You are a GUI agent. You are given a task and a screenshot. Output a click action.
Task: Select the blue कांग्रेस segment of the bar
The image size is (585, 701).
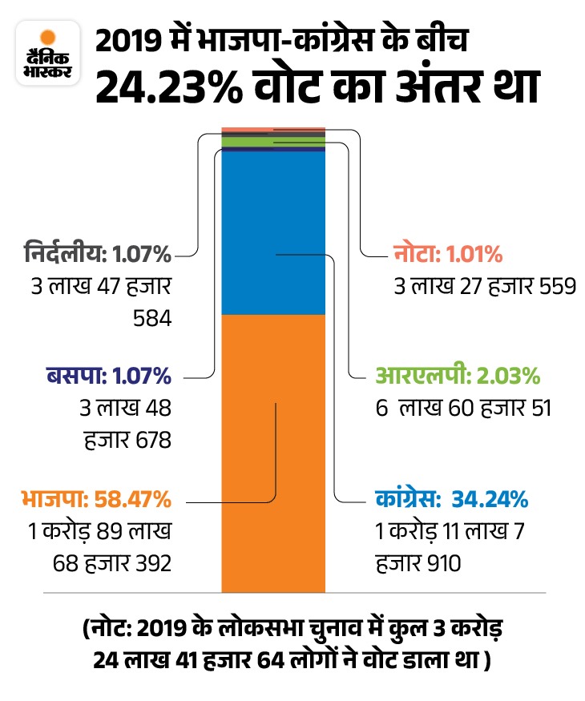point(272,232)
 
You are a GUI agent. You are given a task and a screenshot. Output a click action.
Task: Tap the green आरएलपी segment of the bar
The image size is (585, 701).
point(272,142)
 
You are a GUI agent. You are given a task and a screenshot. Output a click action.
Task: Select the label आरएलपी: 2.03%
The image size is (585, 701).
point(458,376)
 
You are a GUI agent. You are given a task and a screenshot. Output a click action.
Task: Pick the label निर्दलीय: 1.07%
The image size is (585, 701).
point(111,256)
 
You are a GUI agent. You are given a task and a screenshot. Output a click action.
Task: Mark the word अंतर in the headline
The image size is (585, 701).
point(418,87)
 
